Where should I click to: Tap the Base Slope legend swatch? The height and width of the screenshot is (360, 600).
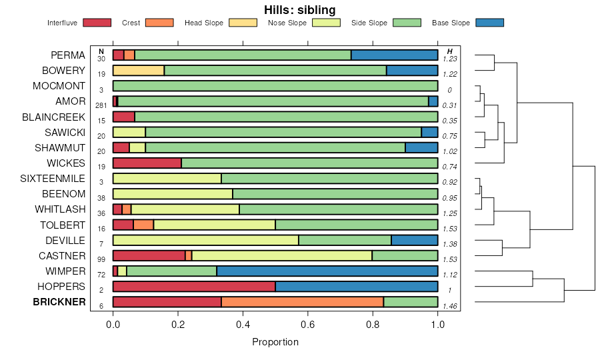coord(490,23)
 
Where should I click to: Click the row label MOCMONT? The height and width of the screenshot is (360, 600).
coord(59,86)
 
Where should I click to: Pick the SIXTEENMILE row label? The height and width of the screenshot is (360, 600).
coord(53,179)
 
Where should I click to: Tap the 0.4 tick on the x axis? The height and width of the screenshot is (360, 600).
coord(243,324)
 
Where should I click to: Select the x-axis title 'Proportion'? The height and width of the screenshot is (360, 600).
coord(275,342)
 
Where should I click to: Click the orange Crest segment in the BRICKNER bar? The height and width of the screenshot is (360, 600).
coord(302,302)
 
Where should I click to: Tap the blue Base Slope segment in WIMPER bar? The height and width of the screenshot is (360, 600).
coord(327,271)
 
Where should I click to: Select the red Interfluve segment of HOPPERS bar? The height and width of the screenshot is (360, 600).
coord(194,287)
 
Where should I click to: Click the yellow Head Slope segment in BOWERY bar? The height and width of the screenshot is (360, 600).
coord(139,71)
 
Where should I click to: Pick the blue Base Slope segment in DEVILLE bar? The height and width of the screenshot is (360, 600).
coord(414,241)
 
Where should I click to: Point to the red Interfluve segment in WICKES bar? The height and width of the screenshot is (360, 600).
coord(147,163)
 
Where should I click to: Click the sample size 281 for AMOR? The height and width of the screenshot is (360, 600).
coord(101,105)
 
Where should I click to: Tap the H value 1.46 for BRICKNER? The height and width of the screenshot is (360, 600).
coord(450,306)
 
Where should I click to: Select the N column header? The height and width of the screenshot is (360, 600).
coord(101,51)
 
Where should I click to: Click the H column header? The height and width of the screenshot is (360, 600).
coord(450,51)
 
